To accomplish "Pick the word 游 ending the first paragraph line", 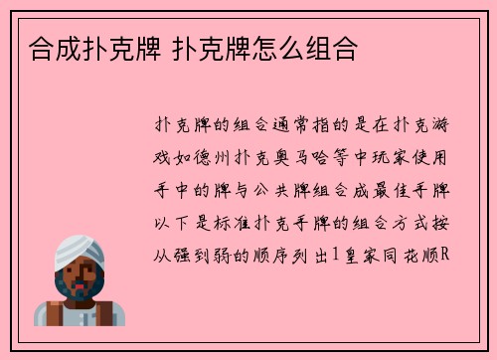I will point(444,126).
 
